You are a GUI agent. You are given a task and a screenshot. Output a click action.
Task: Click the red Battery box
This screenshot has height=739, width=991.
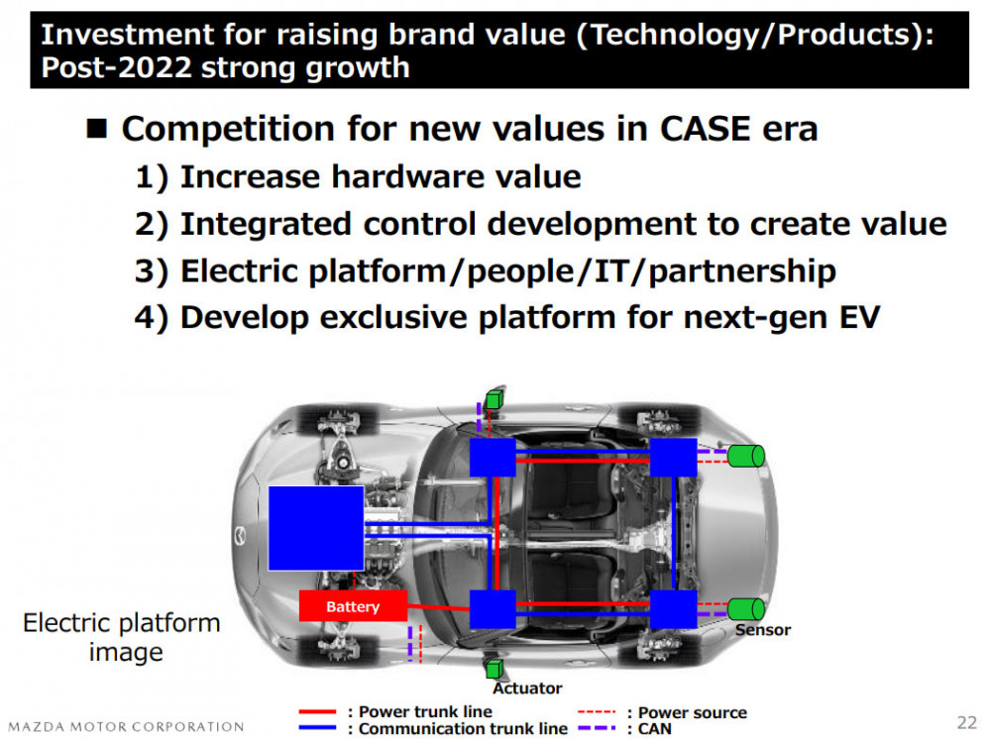pyautogui.click(x=353, y=605)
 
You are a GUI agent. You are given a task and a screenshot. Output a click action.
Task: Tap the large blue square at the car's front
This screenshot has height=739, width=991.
pyautogui.click(x=316, y=528)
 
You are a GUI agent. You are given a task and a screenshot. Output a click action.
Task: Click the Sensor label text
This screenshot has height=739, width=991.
pyautogui.click(x=763, y=630)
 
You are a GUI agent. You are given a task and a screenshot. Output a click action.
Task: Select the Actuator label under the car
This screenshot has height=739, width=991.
pyautogui.click(x=527, y=687)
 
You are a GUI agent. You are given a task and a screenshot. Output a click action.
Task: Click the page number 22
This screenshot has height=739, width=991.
pyautogui.click(x=967, y=722)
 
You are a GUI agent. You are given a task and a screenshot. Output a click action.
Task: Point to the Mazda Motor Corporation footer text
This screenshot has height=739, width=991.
pyautogui.click(x=126, y=726)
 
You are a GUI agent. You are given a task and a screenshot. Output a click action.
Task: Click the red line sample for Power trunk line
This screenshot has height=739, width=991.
pyautogui.click(x=317, y=712)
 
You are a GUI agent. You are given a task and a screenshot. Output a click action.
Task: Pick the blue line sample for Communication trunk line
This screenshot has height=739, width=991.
pyautogui.click(x=317, y=728)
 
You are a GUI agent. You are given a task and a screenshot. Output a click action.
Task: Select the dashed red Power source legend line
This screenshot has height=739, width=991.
pyautogui.click(x=596, y=712)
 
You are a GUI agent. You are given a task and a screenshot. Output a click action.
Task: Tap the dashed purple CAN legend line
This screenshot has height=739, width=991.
pyautogui.click(x=596, y=728)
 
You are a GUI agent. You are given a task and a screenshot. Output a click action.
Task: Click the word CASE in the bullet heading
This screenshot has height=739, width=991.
pyautogui.click(x=706, y=129)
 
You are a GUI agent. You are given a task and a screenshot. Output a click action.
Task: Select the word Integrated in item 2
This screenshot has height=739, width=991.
pyautogui.click(x=266, y=224)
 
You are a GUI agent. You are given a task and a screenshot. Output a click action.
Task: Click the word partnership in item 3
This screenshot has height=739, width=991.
pyautogui.click(x=742, y=271)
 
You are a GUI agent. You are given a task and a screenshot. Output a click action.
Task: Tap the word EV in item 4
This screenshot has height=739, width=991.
pyautogui.click(x=859, y=317)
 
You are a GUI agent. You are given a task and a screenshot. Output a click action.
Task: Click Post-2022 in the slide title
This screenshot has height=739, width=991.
pyautogui.click(x=116, y=67)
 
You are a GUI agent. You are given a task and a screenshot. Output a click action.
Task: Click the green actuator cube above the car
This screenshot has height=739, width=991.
pyautogui.click(x=495, y=399)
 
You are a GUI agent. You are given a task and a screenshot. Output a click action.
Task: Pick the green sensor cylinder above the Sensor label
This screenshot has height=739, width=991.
pyautogui.click(x=746, y=609)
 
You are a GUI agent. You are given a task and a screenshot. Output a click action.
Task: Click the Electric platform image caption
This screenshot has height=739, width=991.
pyautogui.click(x=123, y=637)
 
